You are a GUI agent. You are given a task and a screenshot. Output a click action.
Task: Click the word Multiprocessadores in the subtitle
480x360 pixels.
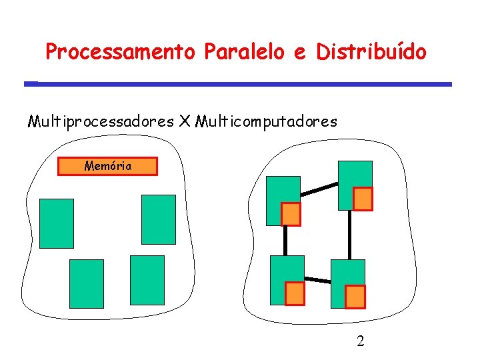[100, 122]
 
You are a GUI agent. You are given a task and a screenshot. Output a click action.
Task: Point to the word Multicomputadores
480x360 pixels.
[267, 122]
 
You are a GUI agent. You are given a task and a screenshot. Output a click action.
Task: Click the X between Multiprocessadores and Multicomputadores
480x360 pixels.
[185, 122]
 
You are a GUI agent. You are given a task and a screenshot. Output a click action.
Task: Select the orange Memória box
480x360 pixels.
[108, 166]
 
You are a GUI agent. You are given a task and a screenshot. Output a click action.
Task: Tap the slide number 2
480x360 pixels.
[361, 342]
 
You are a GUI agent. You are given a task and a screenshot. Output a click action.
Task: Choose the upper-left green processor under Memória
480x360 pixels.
[57, 223]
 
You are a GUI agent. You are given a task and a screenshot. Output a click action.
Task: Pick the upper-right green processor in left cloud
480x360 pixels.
[159, 219]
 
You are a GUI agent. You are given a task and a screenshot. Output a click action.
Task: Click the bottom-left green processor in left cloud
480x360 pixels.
[87, 283]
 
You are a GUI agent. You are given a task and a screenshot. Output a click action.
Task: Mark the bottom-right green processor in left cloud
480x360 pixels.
[147, 280]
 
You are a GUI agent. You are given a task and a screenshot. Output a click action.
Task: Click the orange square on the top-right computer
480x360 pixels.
[362, 199]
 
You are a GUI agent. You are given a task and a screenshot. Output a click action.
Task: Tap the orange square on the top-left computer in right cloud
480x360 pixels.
[291, 214]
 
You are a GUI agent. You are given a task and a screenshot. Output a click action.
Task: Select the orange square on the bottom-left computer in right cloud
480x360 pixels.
[295, 293]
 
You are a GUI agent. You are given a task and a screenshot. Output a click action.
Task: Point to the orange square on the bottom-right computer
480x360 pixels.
[355, 296]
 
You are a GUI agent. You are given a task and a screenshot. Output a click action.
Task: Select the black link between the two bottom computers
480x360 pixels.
[317, 280]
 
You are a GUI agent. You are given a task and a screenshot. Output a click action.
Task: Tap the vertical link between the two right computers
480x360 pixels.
[349, 235]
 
